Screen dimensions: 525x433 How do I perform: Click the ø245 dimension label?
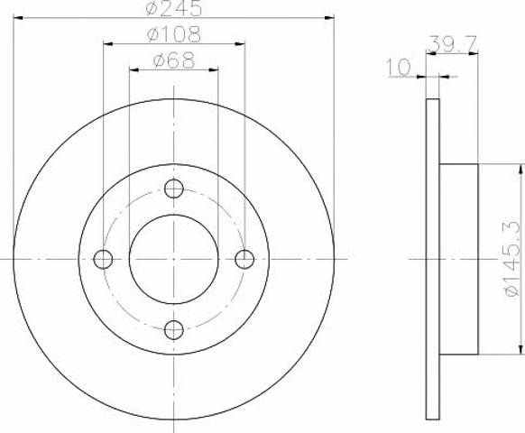(174, 8)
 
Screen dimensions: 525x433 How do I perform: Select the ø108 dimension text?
(174, 34)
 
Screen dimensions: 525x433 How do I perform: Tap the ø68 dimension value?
(174, 60)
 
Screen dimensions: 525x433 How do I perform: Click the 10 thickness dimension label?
(399, 68)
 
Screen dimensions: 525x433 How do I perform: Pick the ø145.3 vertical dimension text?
(512, 259)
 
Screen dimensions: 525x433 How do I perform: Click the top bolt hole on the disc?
(174, 189)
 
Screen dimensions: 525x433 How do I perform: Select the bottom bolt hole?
(174, 330)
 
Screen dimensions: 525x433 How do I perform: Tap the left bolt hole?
(103, 259)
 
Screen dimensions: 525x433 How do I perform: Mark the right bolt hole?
(244, 259)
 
